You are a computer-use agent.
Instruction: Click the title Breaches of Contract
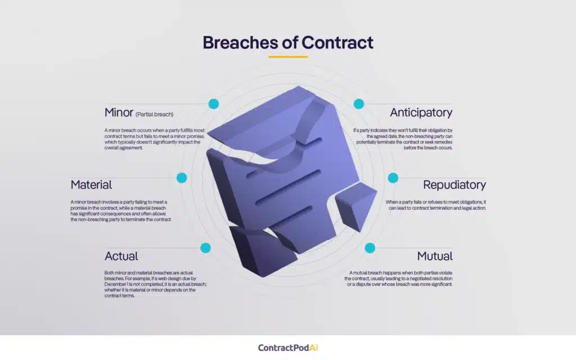287,43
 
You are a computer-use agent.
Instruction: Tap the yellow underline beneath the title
287,56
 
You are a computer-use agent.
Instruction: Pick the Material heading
91,184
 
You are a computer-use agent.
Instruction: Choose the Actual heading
121,256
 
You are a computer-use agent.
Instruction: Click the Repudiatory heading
454,184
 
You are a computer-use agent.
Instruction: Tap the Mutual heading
435,256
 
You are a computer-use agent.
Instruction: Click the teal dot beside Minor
213,104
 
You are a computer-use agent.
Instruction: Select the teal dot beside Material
182,178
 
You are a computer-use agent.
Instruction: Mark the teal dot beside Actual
205,248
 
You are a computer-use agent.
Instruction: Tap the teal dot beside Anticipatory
359,104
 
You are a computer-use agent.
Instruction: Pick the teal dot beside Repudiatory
393,178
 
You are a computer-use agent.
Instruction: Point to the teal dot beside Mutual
370,248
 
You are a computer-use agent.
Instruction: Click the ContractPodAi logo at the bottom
287,348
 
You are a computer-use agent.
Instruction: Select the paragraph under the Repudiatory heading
435,205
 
